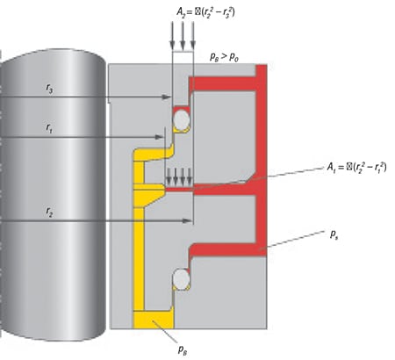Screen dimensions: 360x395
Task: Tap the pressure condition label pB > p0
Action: coord(226,56)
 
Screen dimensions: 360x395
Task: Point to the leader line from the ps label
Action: coord(294,241)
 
